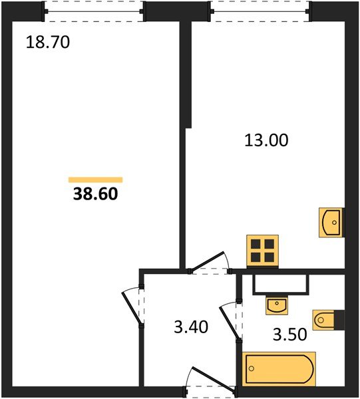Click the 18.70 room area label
(48, 43)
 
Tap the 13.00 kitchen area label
(266, 140)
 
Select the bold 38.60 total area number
(95, 194)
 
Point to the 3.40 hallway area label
(191, 327)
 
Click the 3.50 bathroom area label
(289, 334)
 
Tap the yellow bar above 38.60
(95, 180)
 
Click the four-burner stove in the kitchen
(262, 251)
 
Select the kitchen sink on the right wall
(331, 223)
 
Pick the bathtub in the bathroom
(279, 368)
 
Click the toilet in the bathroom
(328, 320)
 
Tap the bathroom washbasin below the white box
(277, 305)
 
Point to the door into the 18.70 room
(131, 307)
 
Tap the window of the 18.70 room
(94, 11)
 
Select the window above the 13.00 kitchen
(260, 11)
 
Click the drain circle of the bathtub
(252, 368)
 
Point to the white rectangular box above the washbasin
(281, 285)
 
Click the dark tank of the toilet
(339, 320)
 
